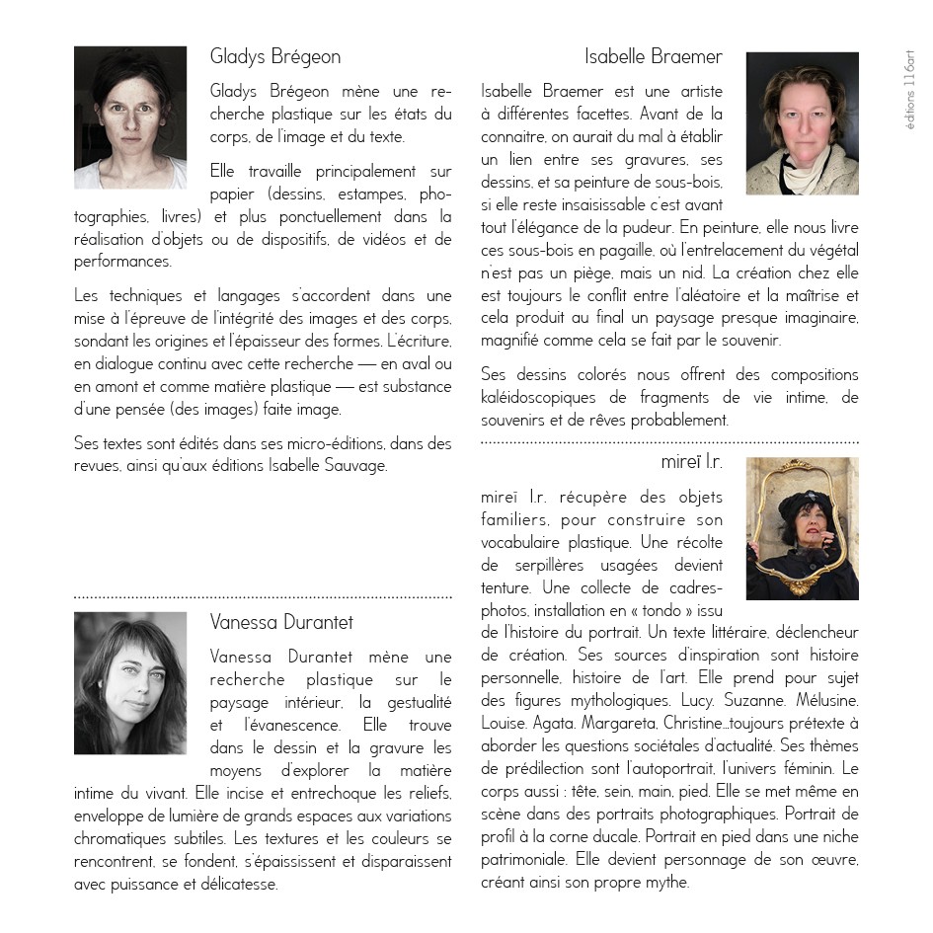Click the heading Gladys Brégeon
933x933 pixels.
pyautogui.click(x=275, y=56)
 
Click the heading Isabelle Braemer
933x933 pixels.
pyautogui.click(x=653, y=56)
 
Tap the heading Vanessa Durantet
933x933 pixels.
pyautogui.click(x=281, y=622)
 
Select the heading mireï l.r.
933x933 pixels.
pyautogui.click(x=691, y=461)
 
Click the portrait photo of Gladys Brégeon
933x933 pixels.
pyautogui.click(x=130, y=117)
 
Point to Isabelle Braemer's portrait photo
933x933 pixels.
pyautogui.click(x=802, y=123)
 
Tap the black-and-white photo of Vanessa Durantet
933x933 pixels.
pyautogui.click(x=130, y=683)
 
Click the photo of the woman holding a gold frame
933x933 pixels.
pyautogui.click(x=802, y=528)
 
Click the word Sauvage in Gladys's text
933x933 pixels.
pyautogui.click(x=359, y=466)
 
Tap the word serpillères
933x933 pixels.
pyautogui.click(x=554, y=565)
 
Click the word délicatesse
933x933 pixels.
pyautogui.click(x=236, y=884)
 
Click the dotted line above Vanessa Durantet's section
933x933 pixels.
pyautogui.click(x=263, y=597)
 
